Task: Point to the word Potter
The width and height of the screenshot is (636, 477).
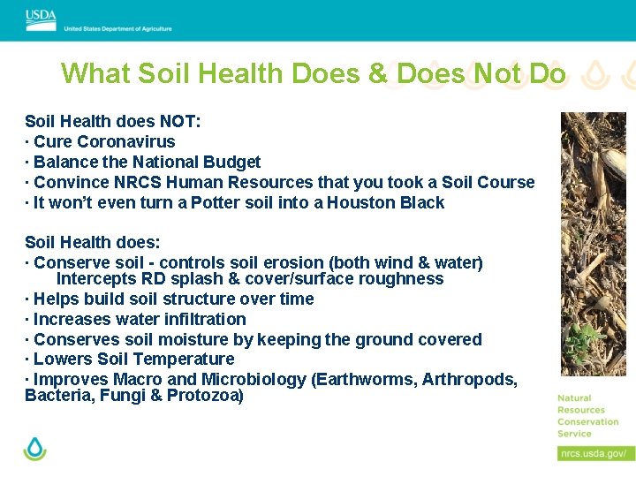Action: [217, 202]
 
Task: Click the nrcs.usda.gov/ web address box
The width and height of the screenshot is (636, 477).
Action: [594, 453]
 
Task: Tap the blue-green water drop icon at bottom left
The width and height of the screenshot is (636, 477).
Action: [35, 448]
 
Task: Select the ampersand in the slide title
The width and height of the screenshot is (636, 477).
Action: [378, 73]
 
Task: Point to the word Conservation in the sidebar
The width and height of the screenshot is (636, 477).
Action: [587, 421]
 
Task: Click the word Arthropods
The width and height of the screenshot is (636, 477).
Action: [468, 379]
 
